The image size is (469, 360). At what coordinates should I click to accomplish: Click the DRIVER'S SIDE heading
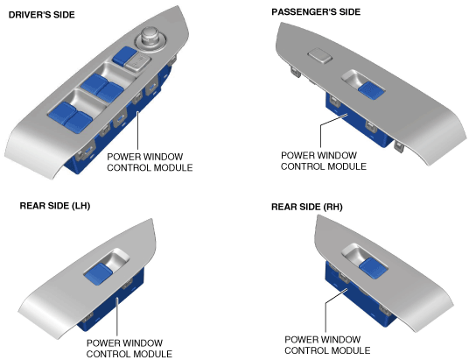(42, 15)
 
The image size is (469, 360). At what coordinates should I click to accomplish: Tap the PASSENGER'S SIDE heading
(316, 12)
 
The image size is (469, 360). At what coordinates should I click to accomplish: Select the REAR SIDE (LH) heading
(55, 206)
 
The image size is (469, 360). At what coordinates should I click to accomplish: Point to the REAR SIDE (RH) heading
(306, 207)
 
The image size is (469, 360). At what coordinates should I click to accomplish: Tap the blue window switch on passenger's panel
(371, 90)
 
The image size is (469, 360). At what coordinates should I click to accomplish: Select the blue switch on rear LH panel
(99, 272)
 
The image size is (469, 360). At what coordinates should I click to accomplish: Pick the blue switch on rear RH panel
(373, 268)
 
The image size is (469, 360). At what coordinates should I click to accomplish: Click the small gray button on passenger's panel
(319, 56)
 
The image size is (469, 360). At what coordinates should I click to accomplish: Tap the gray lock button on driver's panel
(137, 62)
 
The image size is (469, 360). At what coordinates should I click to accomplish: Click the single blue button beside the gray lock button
(124, 56)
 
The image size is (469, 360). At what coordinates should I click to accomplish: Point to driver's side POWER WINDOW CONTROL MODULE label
(150, 162)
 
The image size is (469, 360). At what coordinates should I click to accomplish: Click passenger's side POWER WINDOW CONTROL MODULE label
(324, 161)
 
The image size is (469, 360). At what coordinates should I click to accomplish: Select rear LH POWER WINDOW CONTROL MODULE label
(129, 349)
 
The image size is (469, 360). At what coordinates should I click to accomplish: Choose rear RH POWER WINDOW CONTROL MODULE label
(327, 345)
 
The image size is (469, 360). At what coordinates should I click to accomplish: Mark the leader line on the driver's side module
(138, 130)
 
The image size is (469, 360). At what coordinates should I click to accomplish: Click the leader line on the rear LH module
(117, 316)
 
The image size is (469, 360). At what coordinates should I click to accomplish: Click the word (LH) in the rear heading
(80, 206)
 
